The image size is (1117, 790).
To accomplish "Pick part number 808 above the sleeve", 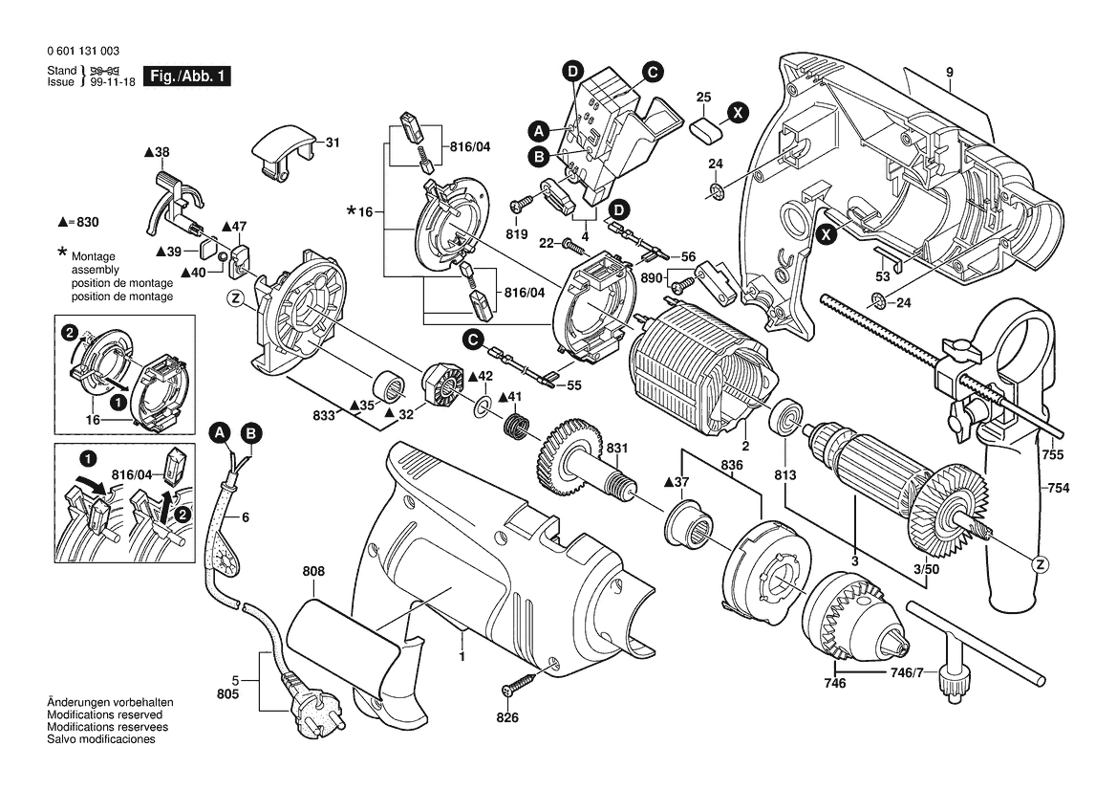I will click(313, 572).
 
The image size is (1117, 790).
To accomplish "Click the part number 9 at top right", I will click(951, 73).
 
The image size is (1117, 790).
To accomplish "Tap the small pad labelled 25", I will click(704, 126).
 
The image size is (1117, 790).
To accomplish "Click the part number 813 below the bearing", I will click(785, 475).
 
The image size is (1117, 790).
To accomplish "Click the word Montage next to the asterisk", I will click(92, 257).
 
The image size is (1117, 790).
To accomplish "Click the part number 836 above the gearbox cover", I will click(732, 465).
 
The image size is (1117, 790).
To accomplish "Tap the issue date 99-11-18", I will click(112, 82).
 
